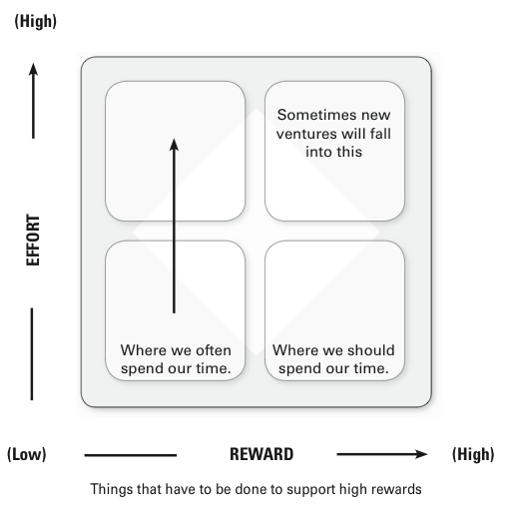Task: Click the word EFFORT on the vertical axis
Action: (33, 240)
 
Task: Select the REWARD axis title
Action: (262, 454)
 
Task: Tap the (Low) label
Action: (27, 454)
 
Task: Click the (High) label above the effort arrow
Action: (35, 22)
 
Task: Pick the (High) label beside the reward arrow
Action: (473, 454)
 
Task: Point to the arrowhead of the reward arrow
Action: (422, 454)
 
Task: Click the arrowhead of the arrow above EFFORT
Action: (33, 69)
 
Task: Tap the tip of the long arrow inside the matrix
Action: (174, 139)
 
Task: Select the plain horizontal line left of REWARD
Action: (131, 455)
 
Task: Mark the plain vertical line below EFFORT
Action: (32, 354)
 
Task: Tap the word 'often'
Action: (214, 350)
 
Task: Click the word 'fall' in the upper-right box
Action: (380, 134)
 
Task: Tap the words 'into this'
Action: (333, 152)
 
